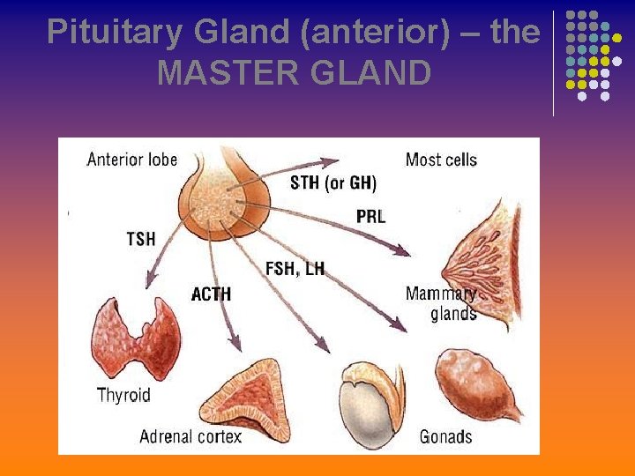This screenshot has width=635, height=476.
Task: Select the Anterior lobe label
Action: pyautogui.click(x=131, y=160)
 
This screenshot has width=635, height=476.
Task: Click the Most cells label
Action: pyautogui.click(x=440, y=160)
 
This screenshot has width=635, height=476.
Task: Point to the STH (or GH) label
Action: pyautogui.click(x=332, y=183)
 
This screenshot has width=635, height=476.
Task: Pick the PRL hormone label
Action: pyautogui.click(x=370, y=217)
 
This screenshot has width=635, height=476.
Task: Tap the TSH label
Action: pyautogui.click(x=141, y=239)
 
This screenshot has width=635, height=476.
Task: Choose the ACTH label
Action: pyautogui.click(x=211, y=294)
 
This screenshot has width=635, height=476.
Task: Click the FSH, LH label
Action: pyautogui.click(x=295, y=268)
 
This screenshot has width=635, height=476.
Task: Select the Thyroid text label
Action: pyautogui.click(x=123, y=395)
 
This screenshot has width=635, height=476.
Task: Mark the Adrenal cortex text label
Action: pyautogui.click(x=190, y=436)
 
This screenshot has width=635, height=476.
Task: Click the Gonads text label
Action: pyautogui.click(x=445, y=436)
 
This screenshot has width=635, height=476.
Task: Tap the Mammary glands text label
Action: pyautogui.click(x=442, y=303)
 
